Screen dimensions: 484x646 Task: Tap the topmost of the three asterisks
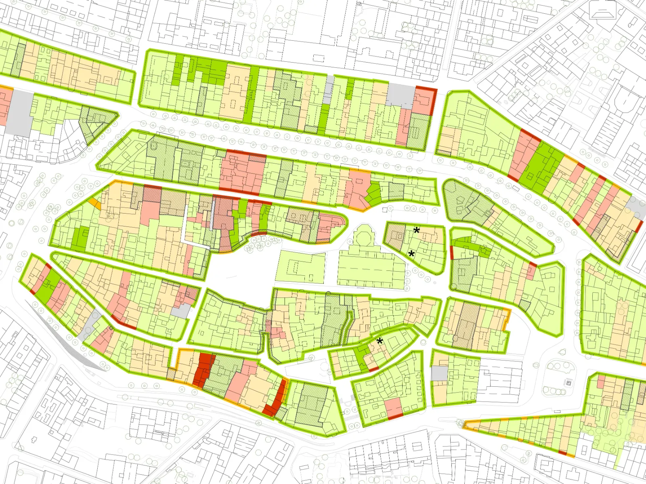(x=417, y=230)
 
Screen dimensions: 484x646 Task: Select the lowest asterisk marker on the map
(x=380, y=341)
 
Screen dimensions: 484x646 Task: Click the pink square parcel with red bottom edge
(x=394, y=408)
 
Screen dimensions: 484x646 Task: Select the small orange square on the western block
(x=95, y=203)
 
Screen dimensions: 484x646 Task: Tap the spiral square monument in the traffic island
(x=568, y=382)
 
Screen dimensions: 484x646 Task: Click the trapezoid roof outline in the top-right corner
(x=603, y=10)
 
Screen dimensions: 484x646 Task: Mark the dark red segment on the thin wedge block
(x=562, y=452)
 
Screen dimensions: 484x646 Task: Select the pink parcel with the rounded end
(x=331, y=226)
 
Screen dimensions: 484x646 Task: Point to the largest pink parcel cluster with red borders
(x=242, y=171)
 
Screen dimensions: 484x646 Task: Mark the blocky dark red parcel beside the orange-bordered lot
(x=203, y=370)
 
